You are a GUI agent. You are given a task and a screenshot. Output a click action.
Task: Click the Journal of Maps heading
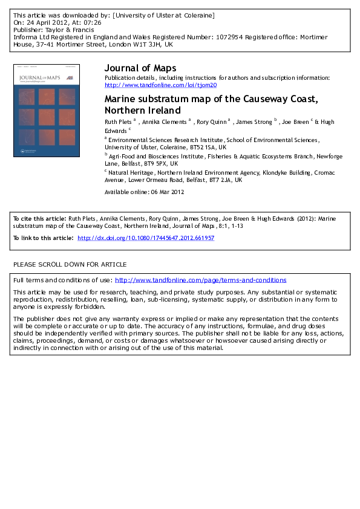pyautogui.click(x=140, y=68)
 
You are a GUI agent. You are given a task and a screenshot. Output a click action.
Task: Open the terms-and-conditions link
pyautogui.click(x=200, y=280)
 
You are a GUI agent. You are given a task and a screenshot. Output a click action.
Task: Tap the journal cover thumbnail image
pyautogui.click(x=47, y=111)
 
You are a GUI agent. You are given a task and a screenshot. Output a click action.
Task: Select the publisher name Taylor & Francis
pyautogui.click(x=65, y=29)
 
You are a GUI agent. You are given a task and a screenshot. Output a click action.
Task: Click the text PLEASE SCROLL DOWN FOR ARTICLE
pyautogui.click(x=70, y=264)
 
